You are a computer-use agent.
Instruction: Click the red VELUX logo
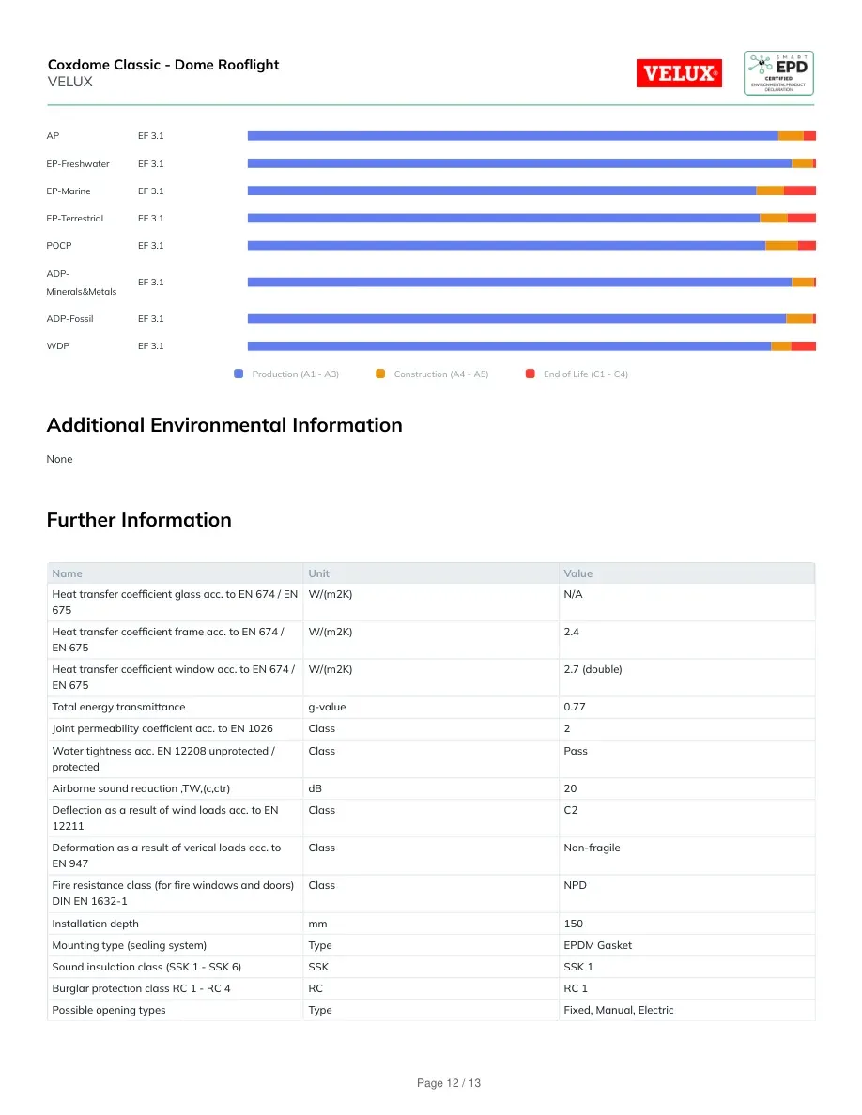(x=679, y=72)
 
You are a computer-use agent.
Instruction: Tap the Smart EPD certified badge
(x=778, y=72)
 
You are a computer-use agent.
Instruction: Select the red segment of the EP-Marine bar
(x=799, y=191)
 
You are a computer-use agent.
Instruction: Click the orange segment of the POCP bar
(x=781, y=245)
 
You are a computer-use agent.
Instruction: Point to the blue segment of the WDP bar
(x=509, y=346)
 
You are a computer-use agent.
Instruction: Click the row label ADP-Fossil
(x=69, y=318)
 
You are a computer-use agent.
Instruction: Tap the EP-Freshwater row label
(x=78, y=163)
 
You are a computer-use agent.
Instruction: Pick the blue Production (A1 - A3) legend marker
(x=239, y=374)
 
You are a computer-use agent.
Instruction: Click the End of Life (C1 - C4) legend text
(x=585, y=374)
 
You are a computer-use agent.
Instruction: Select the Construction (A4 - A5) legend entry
(x=433, y=374)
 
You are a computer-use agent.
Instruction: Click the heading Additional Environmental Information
(x=224, y=424)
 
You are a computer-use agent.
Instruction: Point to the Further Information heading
(x=139, y=520)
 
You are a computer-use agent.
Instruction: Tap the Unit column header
(x=318, y=573)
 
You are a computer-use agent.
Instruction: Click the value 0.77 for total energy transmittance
(x=575, y=707)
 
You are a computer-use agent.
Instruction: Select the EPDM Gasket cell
(x=597, y=945)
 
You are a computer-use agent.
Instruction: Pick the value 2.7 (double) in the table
(x=593, y=669)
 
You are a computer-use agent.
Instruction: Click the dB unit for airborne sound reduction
(x=316, y=788)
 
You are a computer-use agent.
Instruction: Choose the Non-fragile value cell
(x=592, y=848)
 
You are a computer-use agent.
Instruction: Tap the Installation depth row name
(x=95, y=924)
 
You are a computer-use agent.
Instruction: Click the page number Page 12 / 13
(x=449, y=1083)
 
